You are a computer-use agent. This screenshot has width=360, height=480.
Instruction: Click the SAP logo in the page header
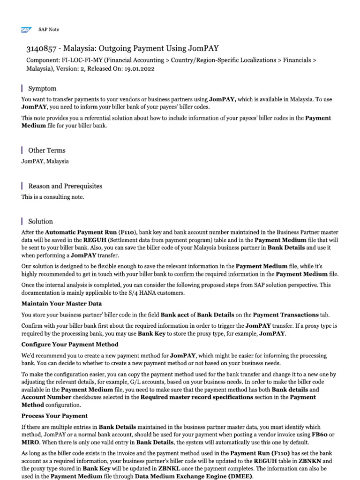coord(26,30)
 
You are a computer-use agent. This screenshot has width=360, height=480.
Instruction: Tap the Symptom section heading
coord(42,89)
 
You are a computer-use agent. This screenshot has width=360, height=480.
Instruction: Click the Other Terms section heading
coord(47,150)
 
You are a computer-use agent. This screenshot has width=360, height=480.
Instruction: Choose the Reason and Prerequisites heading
coord(65,186)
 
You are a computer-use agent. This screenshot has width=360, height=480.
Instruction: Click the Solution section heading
coord(40,221)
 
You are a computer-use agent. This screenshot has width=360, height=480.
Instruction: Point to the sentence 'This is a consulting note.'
coord(52,197)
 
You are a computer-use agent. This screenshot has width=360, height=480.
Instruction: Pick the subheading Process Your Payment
coord(54,416)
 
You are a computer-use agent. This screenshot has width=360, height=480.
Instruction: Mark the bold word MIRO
coord(31,442)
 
